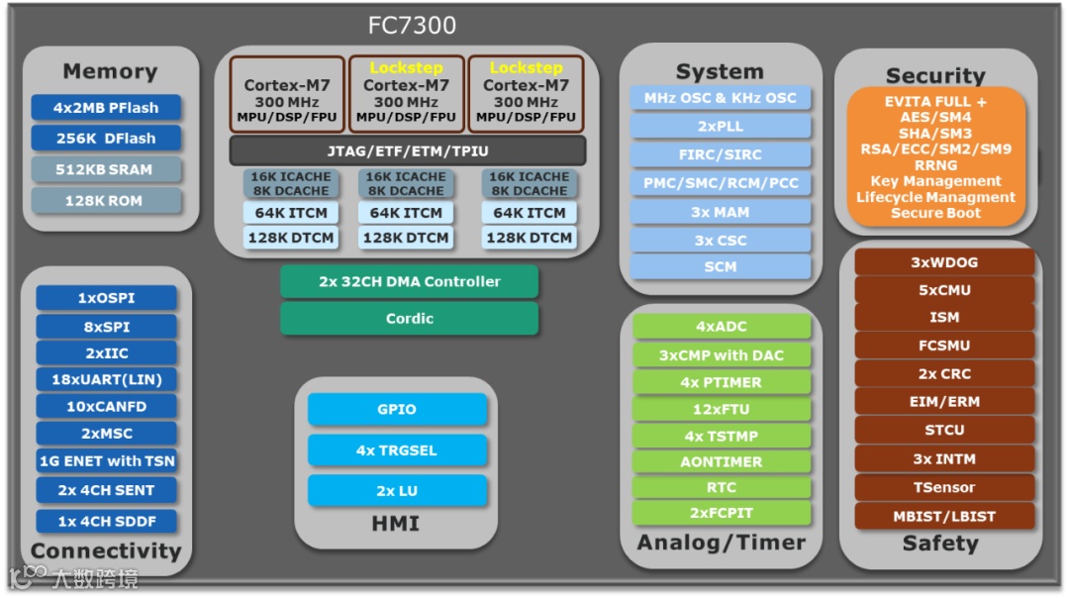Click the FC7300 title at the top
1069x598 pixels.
(412, 25)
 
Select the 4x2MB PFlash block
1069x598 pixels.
(106, 107)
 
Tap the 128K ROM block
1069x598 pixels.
(106, 201)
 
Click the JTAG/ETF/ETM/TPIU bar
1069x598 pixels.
(408, 150)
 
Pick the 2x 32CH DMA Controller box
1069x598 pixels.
(409, 281)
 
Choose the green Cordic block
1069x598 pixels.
(409, 318)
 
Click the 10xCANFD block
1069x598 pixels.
(107, 406)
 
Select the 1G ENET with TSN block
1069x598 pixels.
(107, 460)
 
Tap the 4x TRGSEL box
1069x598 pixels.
(397, 449)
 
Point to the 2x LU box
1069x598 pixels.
(397, 490)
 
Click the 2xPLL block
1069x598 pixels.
(720, 127)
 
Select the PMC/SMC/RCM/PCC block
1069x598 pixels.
(720, 183)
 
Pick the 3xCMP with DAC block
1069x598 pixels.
(721, 354)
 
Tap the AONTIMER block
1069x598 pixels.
(721, 461)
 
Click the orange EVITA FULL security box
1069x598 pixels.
(935, 156)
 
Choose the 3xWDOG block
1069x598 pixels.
(943, 262)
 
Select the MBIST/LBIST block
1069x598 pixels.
(943, 516)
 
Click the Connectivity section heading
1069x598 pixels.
(106, 550)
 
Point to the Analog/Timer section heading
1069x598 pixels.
(721, 543)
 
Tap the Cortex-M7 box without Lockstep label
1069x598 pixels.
(287, 94)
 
